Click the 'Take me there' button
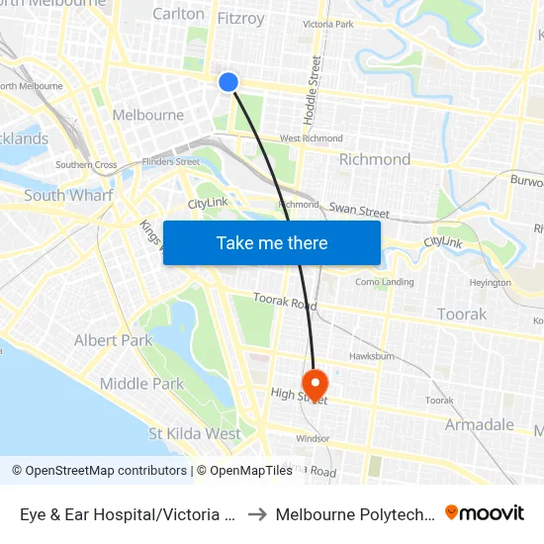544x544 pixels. [272, 242]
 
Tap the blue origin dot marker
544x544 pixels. [228, 82]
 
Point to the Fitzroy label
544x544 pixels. [240, 17]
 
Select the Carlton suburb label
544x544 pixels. [178, 14]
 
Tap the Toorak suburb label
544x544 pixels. [462, 315]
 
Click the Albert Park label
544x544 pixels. [113, 340]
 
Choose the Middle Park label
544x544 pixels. [141, 384]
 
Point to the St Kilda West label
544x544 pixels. [195, 433]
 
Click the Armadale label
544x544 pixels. [480, 424]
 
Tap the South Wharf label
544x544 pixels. [68, 195]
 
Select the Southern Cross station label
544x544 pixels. [86, 165]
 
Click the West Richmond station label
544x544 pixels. [312, 138]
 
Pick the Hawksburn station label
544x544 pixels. [372, 356]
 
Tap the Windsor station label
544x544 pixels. [313, 438]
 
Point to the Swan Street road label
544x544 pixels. [359, 211]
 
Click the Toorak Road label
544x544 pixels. [284, 301]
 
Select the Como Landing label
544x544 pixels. [385, 282]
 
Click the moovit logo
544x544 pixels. [485, 512]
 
